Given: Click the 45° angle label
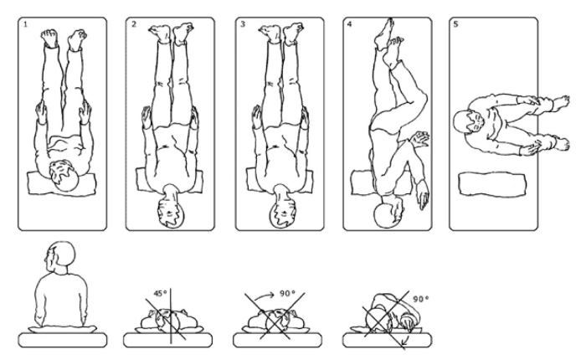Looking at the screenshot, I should point(160,294).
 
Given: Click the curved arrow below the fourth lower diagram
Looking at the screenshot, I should point(404,342).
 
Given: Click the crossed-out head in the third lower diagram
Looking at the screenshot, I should point(280,321).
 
